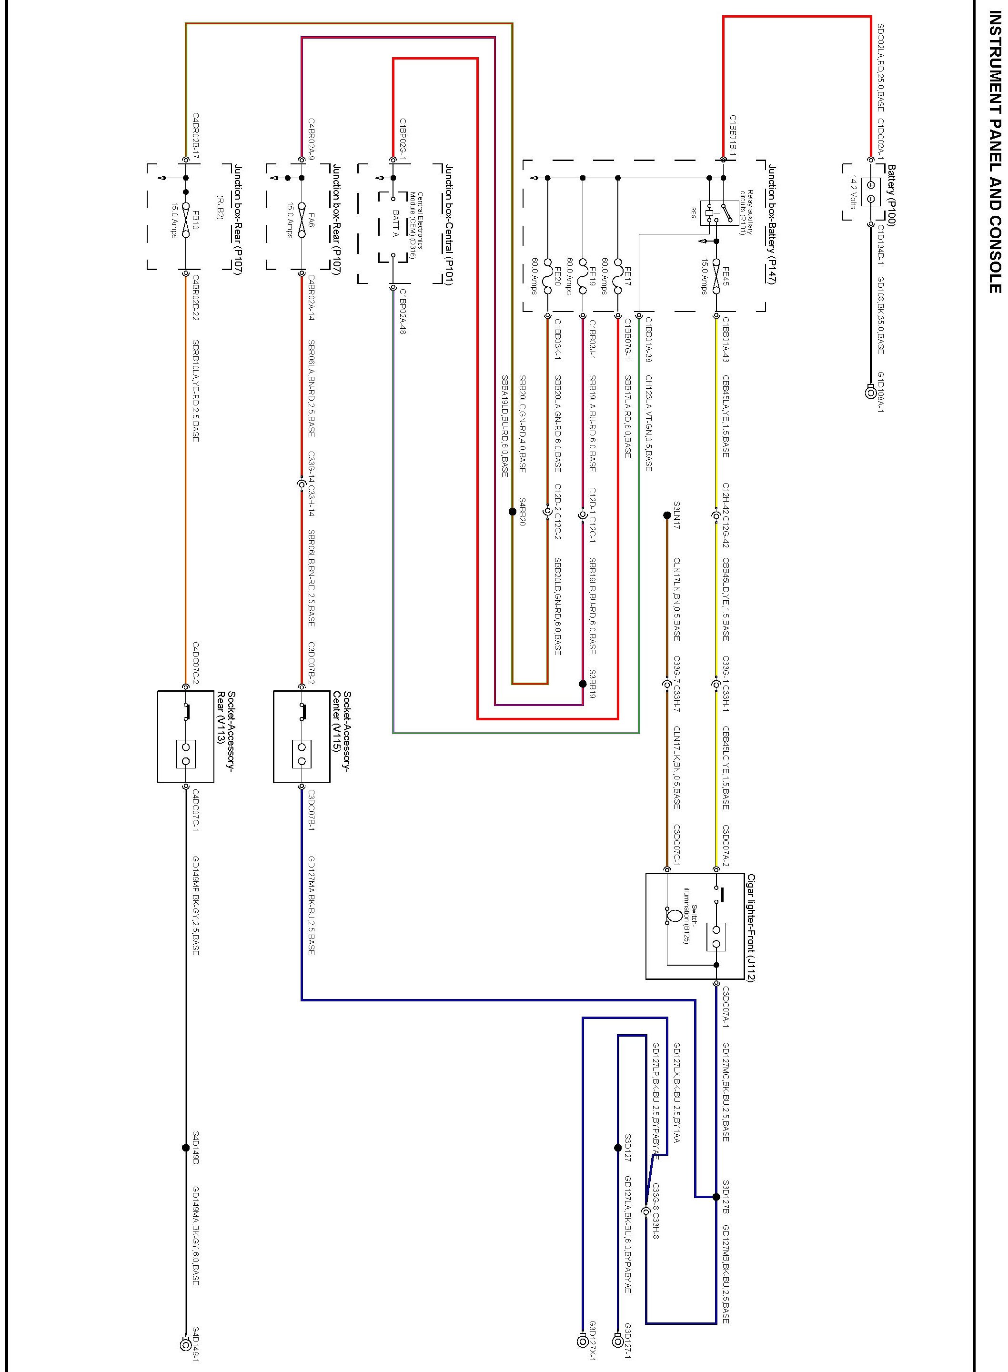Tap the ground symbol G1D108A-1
871,392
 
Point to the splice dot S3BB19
583,684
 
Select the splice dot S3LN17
667,515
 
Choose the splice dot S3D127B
716,1197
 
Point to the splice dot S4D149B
185,1148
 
